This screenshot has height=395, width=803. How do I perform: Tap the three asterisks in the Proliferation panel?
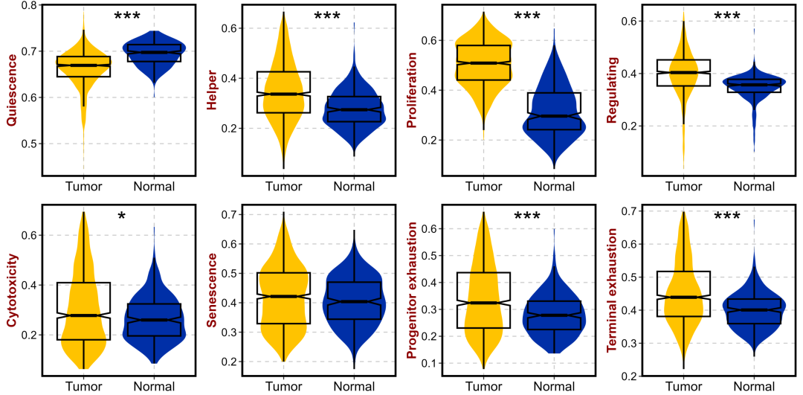click(x=527, y=17)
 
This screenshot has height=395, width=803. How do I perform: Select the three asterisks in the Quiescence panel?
click(x=127, y=16)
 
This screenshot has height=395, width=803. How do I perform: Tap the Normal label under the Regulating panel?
click(x=754, y=186)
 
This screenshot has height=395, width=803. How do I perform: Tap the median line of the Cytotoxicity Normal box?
click(x=154, y=320)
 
